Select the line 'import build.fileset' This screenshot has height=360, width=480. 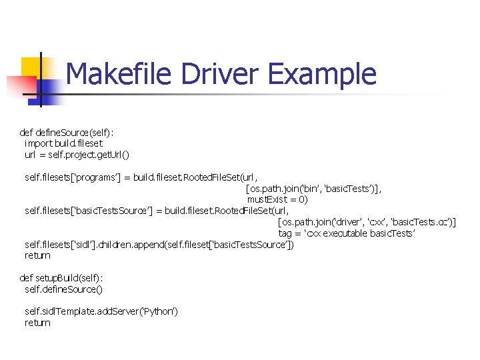63,143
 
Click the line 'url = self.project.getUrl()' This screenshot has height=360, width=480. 77,154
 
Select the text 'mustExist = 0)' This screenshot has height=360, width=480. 277,199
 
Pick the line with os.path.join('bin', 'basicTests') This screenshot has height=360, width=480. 313,188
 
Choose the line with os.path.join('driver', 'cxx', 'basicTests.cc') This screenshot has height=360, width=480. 367,222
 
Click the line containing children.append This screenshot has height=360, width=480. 159,244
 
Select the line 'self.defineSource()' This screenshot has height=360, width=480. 63,289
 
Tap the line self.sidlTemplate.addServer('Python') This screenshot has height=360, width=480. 101,311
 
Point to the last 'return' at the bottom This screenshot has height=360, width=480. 37,323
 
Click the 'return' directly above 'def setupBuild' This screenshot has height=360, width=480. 37,255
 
